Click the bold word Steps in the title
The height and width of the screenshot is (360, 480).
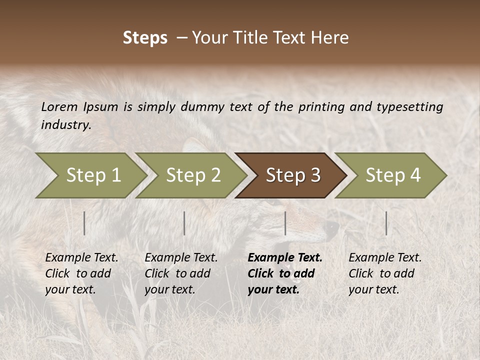(x=145, y=38)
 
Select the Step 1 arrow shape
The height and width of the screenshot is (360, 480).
(x=90, y=175)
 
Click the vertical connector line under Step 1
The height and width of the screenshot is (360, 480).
(x=84, y=223)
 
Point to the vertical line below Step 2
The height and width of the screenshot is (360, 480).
(x=184, y=223)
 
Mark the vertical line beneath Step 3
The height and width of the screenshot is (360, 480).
(x=285, y=223)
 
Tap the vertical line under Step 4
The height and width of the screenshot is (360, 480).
(x=386, y=223)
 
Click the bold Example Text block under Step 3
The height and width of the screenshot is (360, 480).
(x=284, y=273)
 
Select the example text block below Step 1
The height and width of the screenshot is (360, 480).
(x=81, y=273)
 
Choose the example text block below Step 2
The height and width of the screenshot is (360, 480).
(x=181, y=273)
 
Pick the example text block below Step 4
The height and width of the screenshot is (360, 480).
(x=384, y=273)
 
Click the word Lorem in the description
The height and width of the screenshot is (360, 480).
(x=59, y=107)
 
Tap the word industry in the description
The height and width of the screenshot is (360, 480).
(x=66, y=125)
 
